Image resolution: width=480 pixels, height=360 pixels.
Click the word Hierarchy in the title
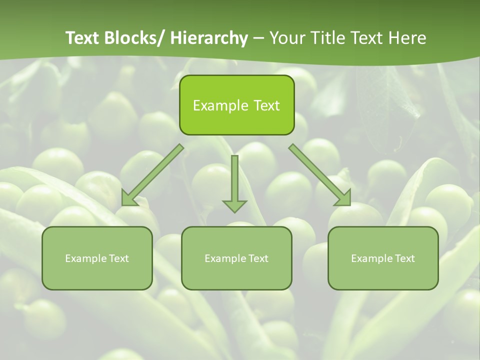[209, 38]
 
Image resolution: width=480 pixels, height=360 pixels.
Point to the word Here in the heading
[409, 38]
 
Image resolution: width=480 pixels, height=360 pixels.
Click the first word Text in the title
[83, 38]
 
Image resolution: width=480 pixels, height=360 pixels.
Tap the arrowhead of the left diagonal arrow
[129, 199]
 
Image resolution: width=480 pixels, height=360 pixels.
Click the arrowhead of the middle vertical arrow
[234, 205]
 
